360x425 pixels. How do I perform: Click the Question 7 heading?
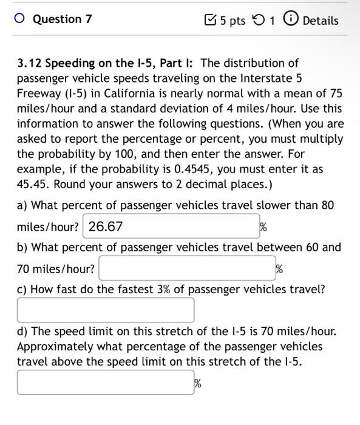click(x=62, y=19)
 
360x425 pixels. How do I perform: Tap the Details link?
click(x=320, y=21)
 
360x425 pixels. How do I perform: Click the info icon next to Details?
click(x=290, y=20)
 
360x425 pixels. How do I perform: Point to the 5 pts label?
click(x=233, y=21)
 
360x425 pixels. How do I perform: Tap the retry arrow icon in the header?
click(x=259, y=21)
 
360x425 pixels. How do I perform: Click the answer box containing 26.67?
click(x=169, y=227)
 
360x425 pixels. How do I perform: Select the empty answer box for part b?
click(x=186, y=268)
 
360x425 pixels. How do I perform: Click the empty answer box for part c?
click(x=106, y=310)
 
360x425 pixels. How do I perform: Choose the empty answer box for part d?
click(x=106, y=382)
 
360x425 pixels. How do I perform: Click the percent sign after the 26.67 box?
click(x=263, y=228)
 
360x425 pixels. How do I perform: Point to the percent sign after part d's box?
click(x=197, y=383)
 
